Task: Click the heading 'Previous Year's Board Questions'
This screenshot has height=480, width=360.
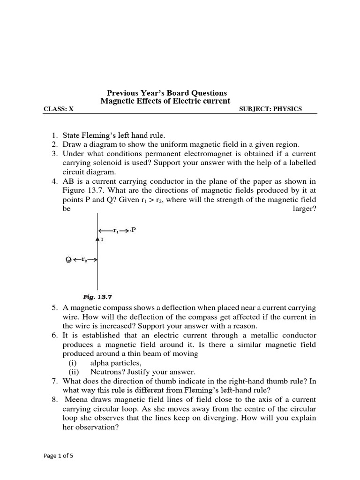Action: pyautogui.click(x=167, y=93)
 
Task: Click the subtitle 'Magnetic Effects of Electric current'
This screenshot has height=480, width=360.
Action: pyautogui.click(x=166, y=101)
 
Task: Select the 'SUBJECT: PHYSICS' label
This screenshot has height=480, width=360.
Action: pyautogui.click(x=270, y=109)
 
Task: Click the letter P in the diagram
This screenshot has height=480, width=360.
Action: pyautogui.click(x=134, y=230)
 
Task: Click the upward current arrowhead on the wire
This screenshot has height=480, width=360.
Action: pyautogui.click(x=97, y=239)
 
